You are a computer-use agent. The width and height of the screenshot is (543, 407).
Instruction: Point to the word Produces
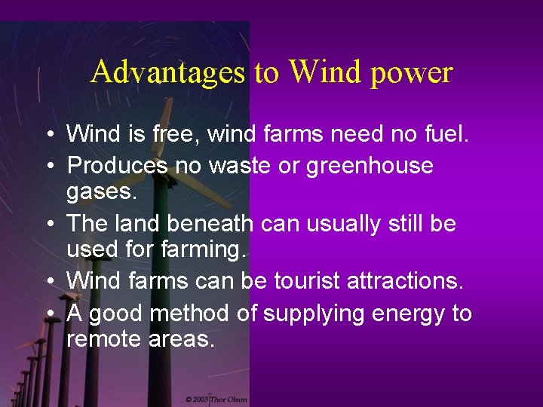117,165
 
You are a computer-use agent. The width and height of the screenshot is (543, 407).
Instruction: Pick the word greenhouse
370,166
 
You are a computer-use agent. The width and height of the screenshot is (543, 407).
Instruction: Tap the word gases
102,191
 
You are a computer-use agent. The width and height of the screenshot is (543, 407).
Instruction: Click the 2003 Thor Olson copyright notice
216,399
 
